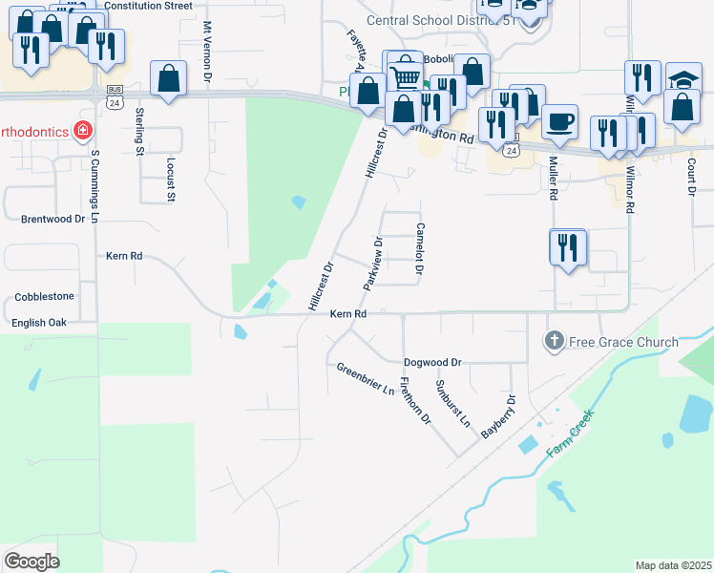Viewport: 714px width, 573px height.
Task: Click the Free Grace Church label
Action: click(x=623, y=342)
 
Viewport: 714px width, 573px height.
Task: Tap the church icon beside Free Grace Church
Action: click(x=554, y=341)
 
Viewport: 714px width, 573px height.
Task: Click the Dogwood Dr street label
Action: click(x=432, y=363)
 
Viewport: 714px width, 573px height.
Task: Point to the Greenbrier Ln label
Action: click(x=365, y=378)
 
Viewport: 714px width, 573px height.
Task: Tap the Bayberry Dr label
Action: click(x=498, y=416)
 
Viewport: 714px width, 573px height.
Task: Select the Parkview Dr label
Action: click(x=373, y=265)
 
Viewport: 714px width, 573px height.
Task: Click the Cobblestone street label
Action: click(x=44, y=297)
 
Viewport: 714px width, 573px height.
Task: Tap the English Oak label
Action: click(x=39, y=323)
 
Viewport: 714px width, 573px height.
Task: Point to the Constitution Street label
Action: click(x=148, y=6)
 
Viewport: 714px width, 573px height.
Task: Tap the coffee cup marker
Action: click(x=559, y=120)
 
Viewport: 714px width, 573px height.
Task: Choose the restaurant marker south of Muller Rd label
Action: click(x=569, y=247)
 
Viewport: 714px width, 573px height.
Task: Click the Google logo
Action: click(x=31, y=562)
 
